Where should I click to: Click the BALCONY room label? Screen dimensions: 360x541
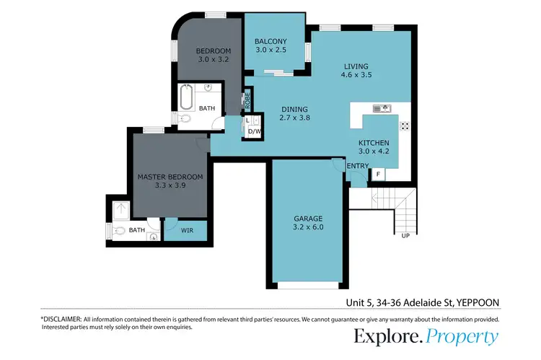coord(270,41)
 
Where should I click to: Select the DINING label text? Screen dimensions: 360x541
coord(294,108)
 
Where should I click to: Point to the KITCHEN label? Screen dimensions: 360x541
coord(374,143)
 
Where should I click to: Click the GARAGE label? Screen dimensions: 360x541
coord(307,218)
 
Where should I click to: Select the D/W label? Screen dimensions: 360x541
coord(253,132)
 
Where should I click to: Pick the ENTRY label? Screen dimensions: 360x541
coord(357,167)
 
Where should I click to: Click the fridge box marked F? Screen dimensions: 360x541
coord(377,174)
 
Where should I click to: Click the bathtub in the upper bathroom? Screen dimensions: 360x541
coord(186,96)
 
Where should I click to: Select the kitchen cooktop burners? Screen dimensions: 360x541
coord(404,125)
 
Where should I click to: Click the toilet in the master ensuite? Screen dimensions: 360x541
coord(120,232)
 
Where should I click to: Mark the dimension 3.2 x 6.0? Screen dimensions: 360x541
coord(307,227)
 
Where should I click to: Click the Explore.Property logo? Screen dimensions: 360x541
coord(426,336)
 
